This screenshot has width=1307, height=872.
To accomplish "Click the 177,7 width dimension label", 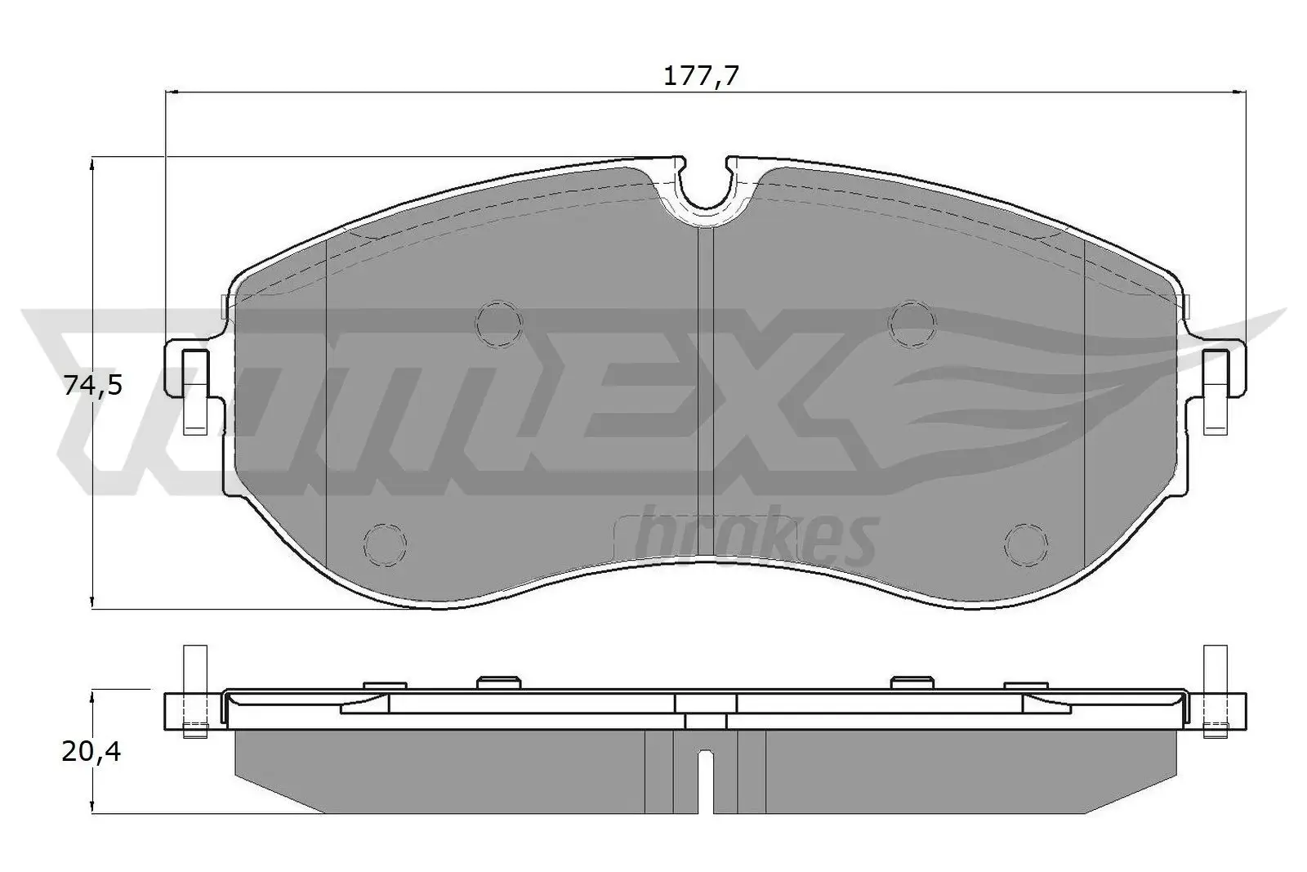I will point(701,77).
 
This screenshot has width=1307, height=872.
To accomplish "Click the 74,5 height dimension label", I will point(93,384).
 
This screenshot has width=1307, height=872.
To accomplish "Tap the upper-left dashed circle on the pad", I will point(498,322).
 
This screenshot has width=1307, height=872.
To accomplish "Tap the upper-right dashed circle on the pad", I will point(912,322).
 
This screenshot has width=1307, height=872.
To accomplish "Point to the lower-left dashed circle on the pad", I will point(384,543).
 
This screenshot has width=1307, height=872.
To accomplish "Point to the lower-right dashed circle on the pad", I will point(1027,543).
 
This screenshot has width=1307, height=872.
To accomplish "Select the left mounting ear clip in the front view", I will point(194,391).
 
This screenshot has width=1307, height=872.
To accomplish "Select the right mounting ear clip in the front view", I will point(1217,391).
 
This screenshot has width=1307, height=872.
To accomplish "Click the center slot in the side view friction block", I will point(706,780).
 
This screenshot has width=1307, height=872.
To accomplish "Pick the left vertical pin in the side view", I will point(194,691).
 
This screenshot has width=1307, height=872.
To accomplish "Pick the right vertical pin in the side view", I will point(1216,691).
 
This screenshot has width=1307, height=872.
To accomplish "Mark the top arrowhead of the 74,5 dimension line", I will point(93,163).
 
